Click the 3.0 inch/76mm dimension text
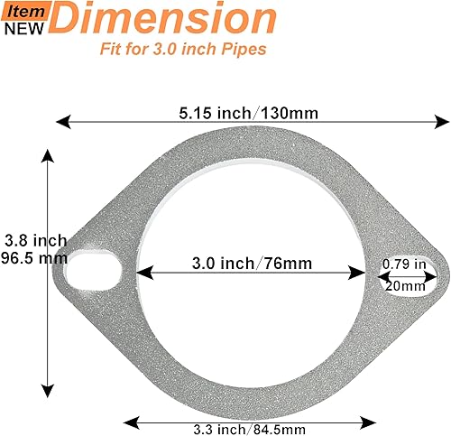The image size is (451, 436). click(x=252, y=264)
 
